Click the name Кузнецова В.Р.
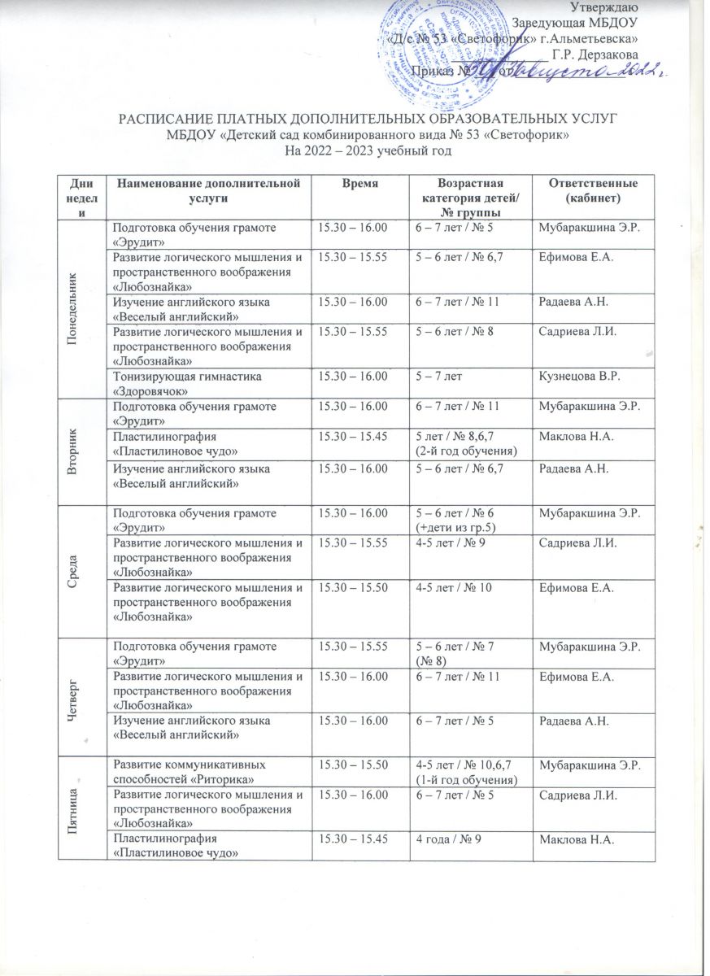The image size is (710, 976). pyautogui.click(x=576, y=376)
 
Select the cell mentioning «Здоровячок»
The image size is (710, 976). pyautogui.click(x=207, y=382)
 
